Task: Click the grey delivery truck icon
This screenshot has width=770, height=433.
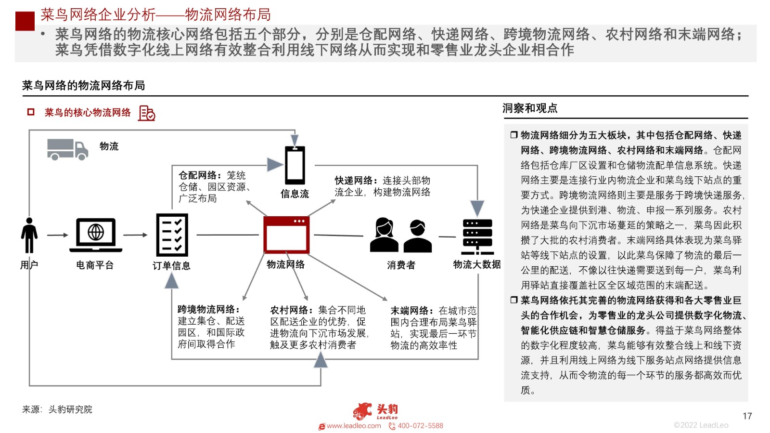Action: point(67,149)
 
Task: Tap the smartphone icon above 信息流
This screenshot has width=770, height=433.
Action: point(295,165)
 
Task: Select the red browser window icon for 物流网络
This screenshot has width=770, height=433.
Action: point(286,235)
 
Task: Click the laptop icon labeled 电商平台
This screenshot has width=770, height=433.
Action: point(96,235)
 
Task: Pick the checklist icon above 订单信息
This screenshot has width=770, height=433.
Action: point(172,235)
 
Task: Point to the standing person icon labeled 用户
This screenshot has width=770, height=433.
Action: point(29,235)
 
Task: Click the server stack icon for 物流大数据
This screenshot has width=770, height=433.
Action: point(477,236)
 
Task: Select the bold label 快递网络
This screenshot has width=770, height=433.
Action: point(356,181)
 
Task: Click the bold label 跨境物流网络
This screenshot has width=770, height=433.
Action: point(208,309)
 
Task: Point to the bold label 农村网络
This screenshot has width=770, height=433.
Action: point(291,310)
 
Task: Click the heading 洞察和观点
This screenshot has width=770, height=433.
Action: point(530,108)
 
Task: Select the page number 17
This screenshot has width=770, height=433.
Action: point(747,416)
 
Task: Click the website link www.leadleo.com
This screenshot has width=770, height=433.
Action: point(354,426)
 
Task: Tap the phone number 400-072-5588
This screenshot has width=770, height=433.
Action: point(421,426)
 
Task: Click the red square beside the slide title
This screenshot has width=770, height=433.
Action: point(25,21)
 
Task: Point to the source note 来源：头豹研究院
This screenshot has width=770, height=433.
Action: point(57,409)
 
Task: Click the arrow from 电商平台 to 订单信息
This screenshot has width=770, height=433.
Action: point(135,235)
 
